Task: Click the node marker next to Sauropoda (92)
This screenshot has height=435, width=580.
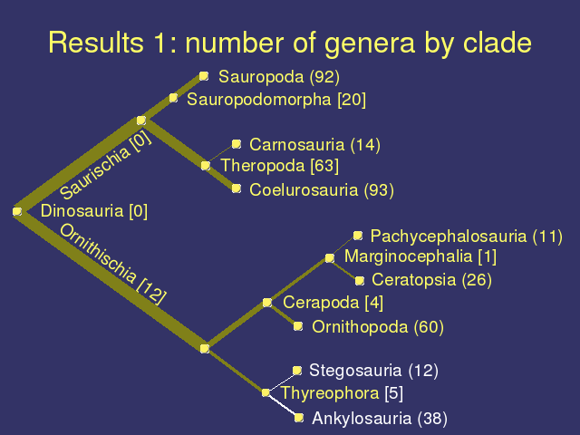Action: pos(204,76)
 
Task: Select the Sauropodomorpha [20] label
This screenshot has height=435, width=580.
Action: pos(276,100)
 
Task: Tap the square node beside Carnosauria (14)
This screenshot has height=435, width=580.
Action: pos(237,144)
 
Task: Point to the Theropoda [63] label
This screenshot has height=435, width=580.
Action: pos(280,166)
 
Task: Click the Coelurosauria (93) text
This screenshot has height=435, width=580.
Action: pos(322,190)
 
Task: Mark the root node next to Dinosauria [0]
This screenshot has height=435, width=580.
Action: pos(17,211)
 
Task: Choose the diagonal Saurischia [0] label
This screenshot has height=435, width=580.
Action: pos(105,165)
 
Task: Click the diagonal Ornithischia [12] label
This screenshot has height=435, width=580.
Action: pos(112,264)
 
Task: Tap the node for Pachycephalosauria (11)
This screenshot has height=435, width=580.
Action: pos(358,236)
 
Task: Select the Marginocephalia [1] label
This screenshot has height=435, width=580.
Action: pos(420,256)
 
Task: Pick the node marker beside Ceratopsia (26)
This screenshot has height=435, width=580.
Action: pos(359,281)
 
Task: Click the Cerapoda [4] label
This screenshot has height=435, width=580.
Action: pos(333,303)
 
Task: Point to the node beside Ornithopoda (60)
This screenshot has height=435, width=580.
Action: pos(298,326)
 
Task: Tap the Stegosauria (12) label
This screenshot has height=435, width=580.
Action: pos(373,371)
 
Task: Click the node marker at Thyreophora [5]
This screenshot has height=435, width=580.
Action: pos(266,392)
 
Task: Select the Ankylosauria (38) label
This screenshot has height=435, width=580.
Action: pos(380,419)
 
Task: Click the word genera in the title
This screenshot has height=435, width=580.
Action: pos(370,44)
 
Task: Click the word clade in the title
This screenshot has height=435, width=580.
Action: pos(498,43)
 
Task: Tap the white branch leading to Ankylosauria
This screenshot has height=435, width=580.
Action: pos(283,405)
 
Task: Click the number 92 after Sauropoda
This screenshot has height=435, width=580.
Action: pos(324,77)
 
